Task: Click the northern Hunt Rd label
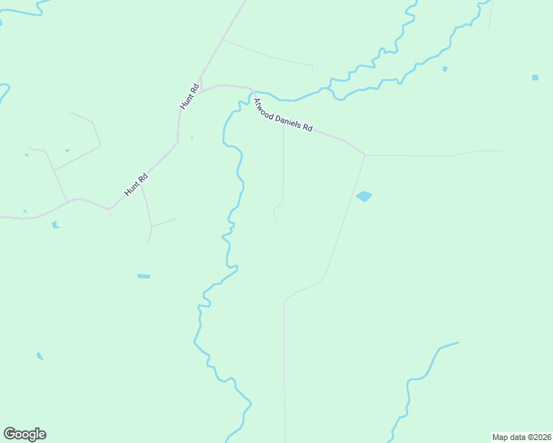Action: pos(190,97)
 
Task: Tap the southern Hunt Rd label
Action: pos(137,185)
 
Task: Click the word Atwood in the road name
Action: pos(263,108)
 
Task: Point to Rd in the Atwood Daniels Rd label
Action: pos(308,128)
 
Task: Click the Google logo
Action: pos(24,434)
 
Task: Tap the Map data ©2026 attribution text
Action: pos(521,437)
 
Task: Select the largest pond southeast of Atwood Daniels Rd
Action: pos(364,196)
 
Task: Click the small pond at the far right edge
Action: pos(535,77)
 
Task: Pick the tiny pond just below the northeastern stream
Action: pos(445,69)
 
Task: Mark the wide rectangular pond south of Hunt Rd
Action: pos(143,276)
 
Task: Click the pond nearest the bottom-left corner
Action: pos(40,357)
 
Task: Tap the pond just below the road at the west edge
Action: pos(55,224)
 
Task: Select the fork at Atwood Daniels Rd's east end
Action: pos(365,155)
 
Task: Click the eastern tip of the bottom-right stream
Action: pos(458,342)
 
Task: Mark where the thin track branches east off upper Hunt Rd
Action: pos(223,40)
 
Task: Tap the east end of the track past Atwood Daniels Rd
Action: pos(506,151)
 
